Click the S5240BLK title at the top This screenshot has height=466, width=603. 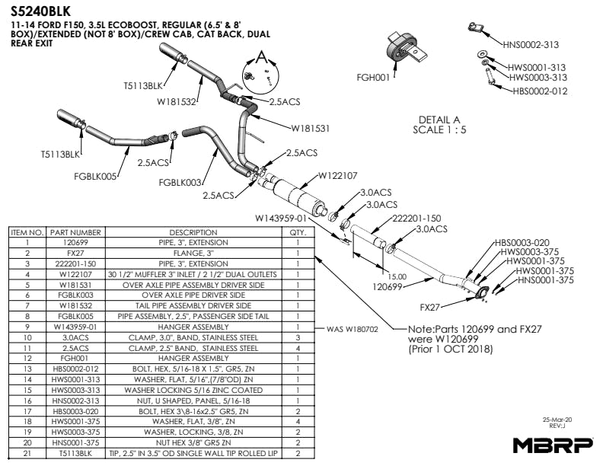(42, 11)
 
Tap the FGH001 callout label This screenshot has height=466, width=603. (373, 78)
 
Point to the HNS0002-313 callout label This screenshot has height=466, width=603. (530, 44)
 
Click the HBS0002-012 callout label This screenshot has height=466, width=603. (541, 91)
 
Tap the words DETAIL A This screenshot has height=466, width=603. (439, 120)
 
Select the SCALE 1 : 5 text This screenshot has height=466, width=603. (439, 129)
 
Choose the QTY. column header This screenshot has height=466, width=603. (298, 232)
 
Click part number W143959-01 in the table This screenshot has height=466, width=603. (75, 327)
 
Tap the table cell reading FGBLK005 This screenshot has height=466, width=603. (75, 316)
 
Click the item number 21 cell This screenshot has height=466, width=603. (27, 453)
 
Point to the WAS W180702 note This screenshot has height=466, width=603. (352, 330)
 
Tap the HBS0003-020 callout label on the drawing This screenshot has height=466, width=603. (522, 242)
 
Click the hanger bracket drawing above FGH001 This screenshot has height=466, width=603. (404, 49)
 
